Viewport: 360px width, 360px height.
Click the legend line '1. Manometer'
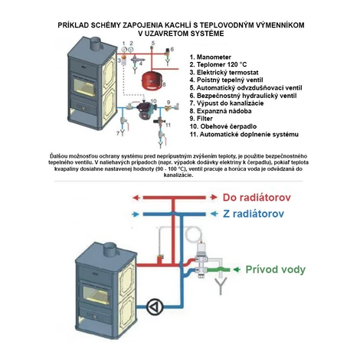tap(211, 57)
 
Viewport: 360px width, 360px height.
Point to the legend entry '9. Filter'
tap(201, 119)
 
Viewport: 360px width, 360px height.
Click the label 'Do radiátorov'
tap(257, 198)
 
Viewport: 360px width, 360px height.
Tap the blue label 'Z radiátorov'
tap(254, 214)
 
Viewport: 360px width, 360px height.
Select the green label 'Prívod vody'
tap(276, 270)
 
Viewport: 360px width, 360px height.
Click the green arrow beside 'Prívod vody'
tap(237, 270)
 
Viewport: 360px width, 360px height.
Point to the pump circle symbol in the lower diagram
tap(155, 306)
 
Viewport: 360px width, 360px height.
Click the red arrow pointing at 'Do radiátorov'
tap(214, 198)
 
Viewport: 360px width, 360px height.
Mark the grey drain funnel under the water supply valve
tap(221, 286)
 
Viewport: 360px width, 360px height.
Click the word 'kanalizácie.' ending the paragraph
tap(178, 175)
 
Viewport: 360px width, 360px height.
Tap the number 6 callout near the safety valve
tap(172, 49)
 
